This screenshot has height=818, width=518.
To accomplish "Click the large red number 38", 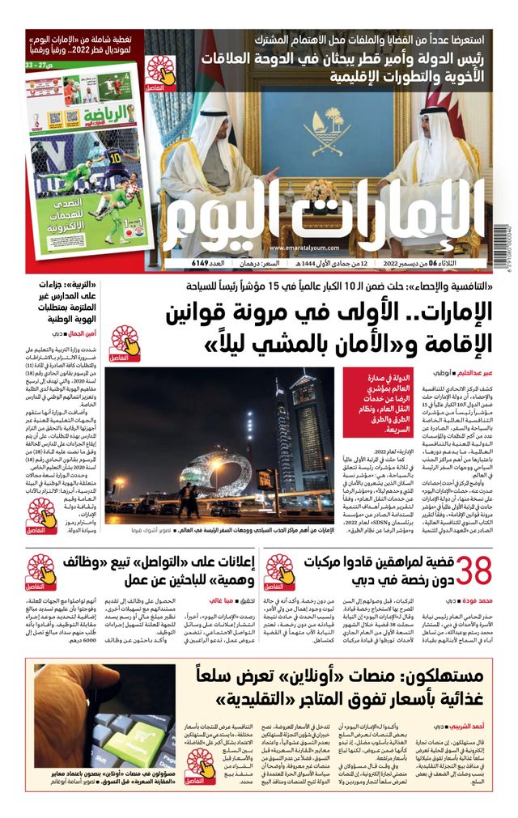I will coord(475,572).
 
